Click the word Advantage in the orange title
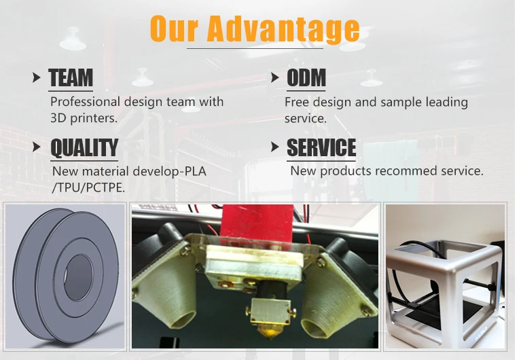point(285,29)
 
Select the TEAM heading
point(71,77)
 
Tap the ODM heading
point(306,77)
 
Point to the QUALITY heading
point(84,147)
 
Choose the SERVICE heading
point(321,147)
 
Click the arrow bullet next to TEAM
point(37,77)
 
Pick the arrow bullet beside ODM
point(275,77)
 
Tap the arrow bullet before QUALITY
point(37,147)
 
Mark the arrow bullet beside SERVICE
point(275,147)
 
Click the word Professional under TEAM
point(85,102)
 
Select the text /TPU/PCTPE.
point(89,188)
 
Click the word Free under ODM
point(297,102)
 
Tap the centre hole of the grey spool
point(78,278)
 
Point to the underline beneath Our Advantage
point(255,48)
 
